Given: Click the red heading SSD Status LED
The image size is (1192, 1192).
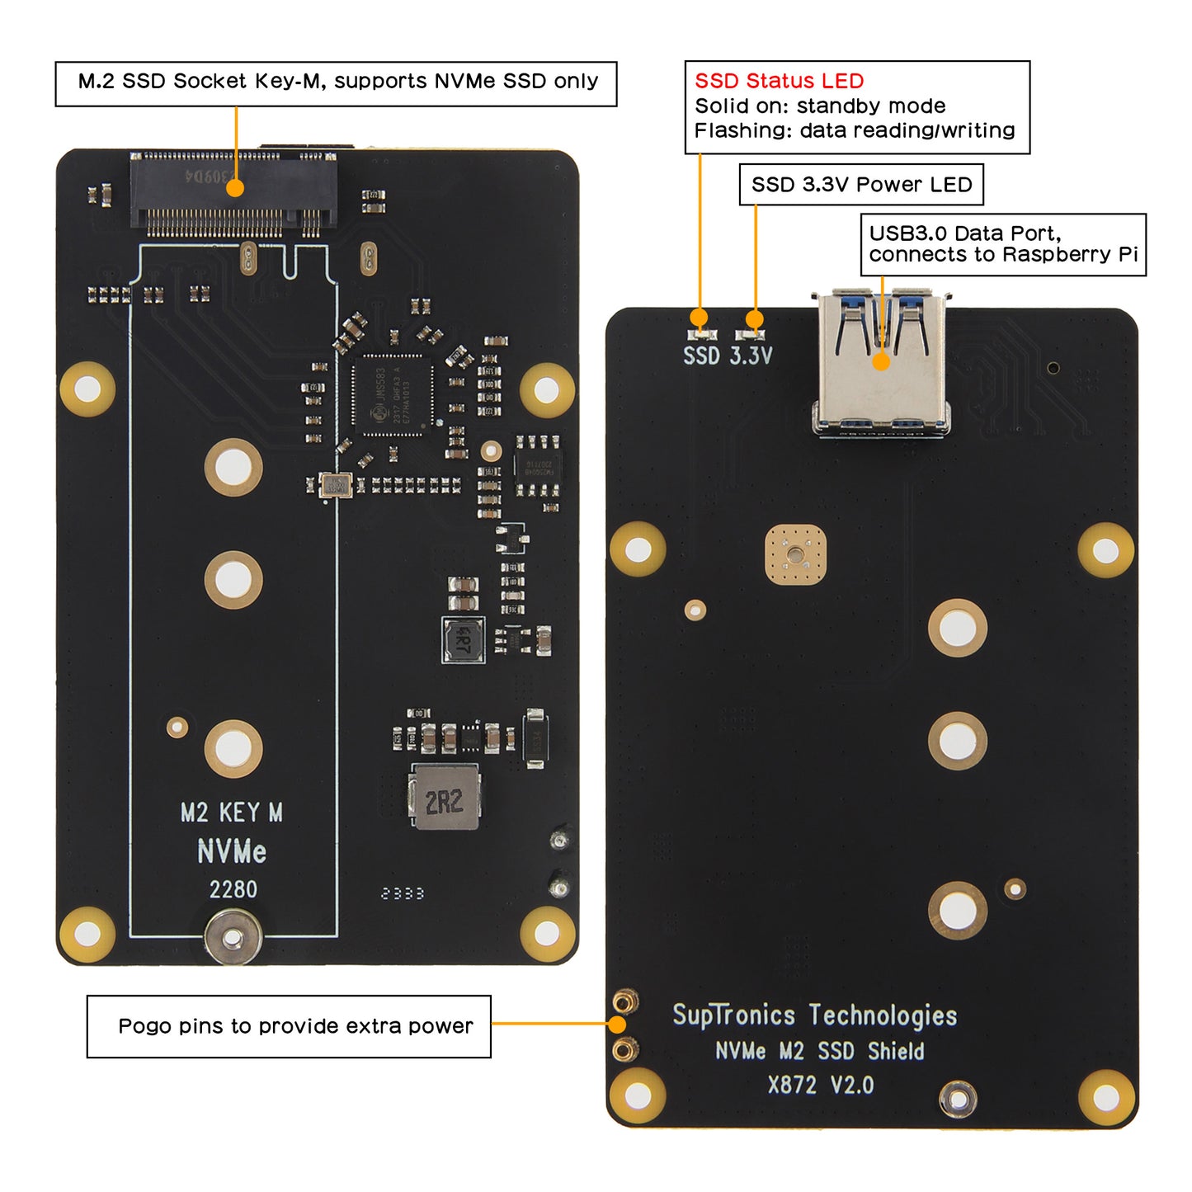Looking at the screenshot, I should [x=779, y=81].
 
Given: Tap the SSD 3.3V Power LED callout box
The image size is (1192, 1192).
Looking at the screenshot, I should [x=861, y=185].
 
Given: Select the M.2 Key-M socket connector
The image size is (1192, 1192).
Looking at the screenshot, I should [x=233, y=193].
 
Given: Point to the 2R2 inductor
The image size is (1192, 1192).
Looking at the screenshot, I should [x=444, y=798].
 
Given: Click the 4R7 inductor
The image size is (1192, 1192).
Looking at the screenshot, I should [x=463, y=639].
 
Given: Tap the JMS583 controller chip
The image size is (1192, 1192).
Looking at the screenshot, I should [x=393, y=396].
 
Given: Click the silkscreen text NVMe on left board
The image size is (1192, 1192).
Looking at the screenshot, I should [x=232, y=851].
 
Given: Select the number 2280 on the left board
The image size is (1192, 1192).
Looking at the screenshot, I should [x=233, y=889].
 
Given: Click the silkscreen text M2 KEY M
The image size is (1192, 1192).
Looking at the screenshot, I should [x=232, y=813].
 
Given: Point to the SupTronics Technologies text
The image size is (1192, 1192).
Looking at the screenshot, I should [x=815, y=1015].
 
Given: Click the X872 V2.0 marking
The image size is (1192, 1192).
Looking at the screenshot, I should [x=820, y=1085].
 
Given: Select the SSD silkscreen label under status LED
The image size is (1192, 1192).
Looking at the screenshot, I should [x=701, y=356].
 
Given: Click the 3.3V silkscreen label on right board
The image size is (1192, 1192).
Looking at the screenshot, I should [x=751, y=356].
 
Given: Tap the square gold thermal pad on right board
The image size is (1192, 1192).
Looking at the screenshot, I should [x=795, y=554].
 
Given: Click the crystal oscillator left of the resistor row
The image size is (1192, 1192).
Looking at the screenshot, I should [x=335, y=485].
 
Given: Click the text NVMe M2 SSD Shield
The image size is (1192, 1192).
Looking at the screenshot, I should [x=819, y=1051].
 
